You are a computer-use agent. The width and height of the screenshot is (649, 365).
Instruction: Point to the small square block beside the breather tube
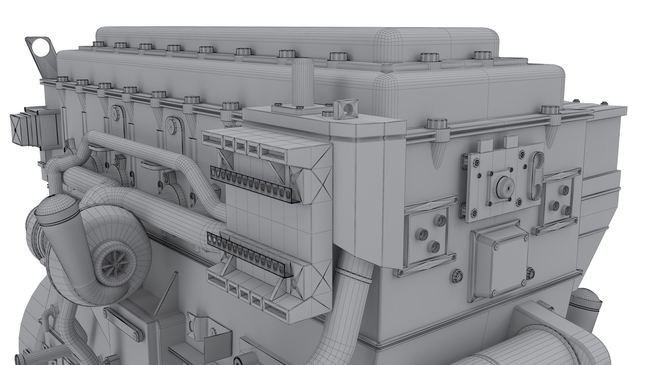tap(345, 109)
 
